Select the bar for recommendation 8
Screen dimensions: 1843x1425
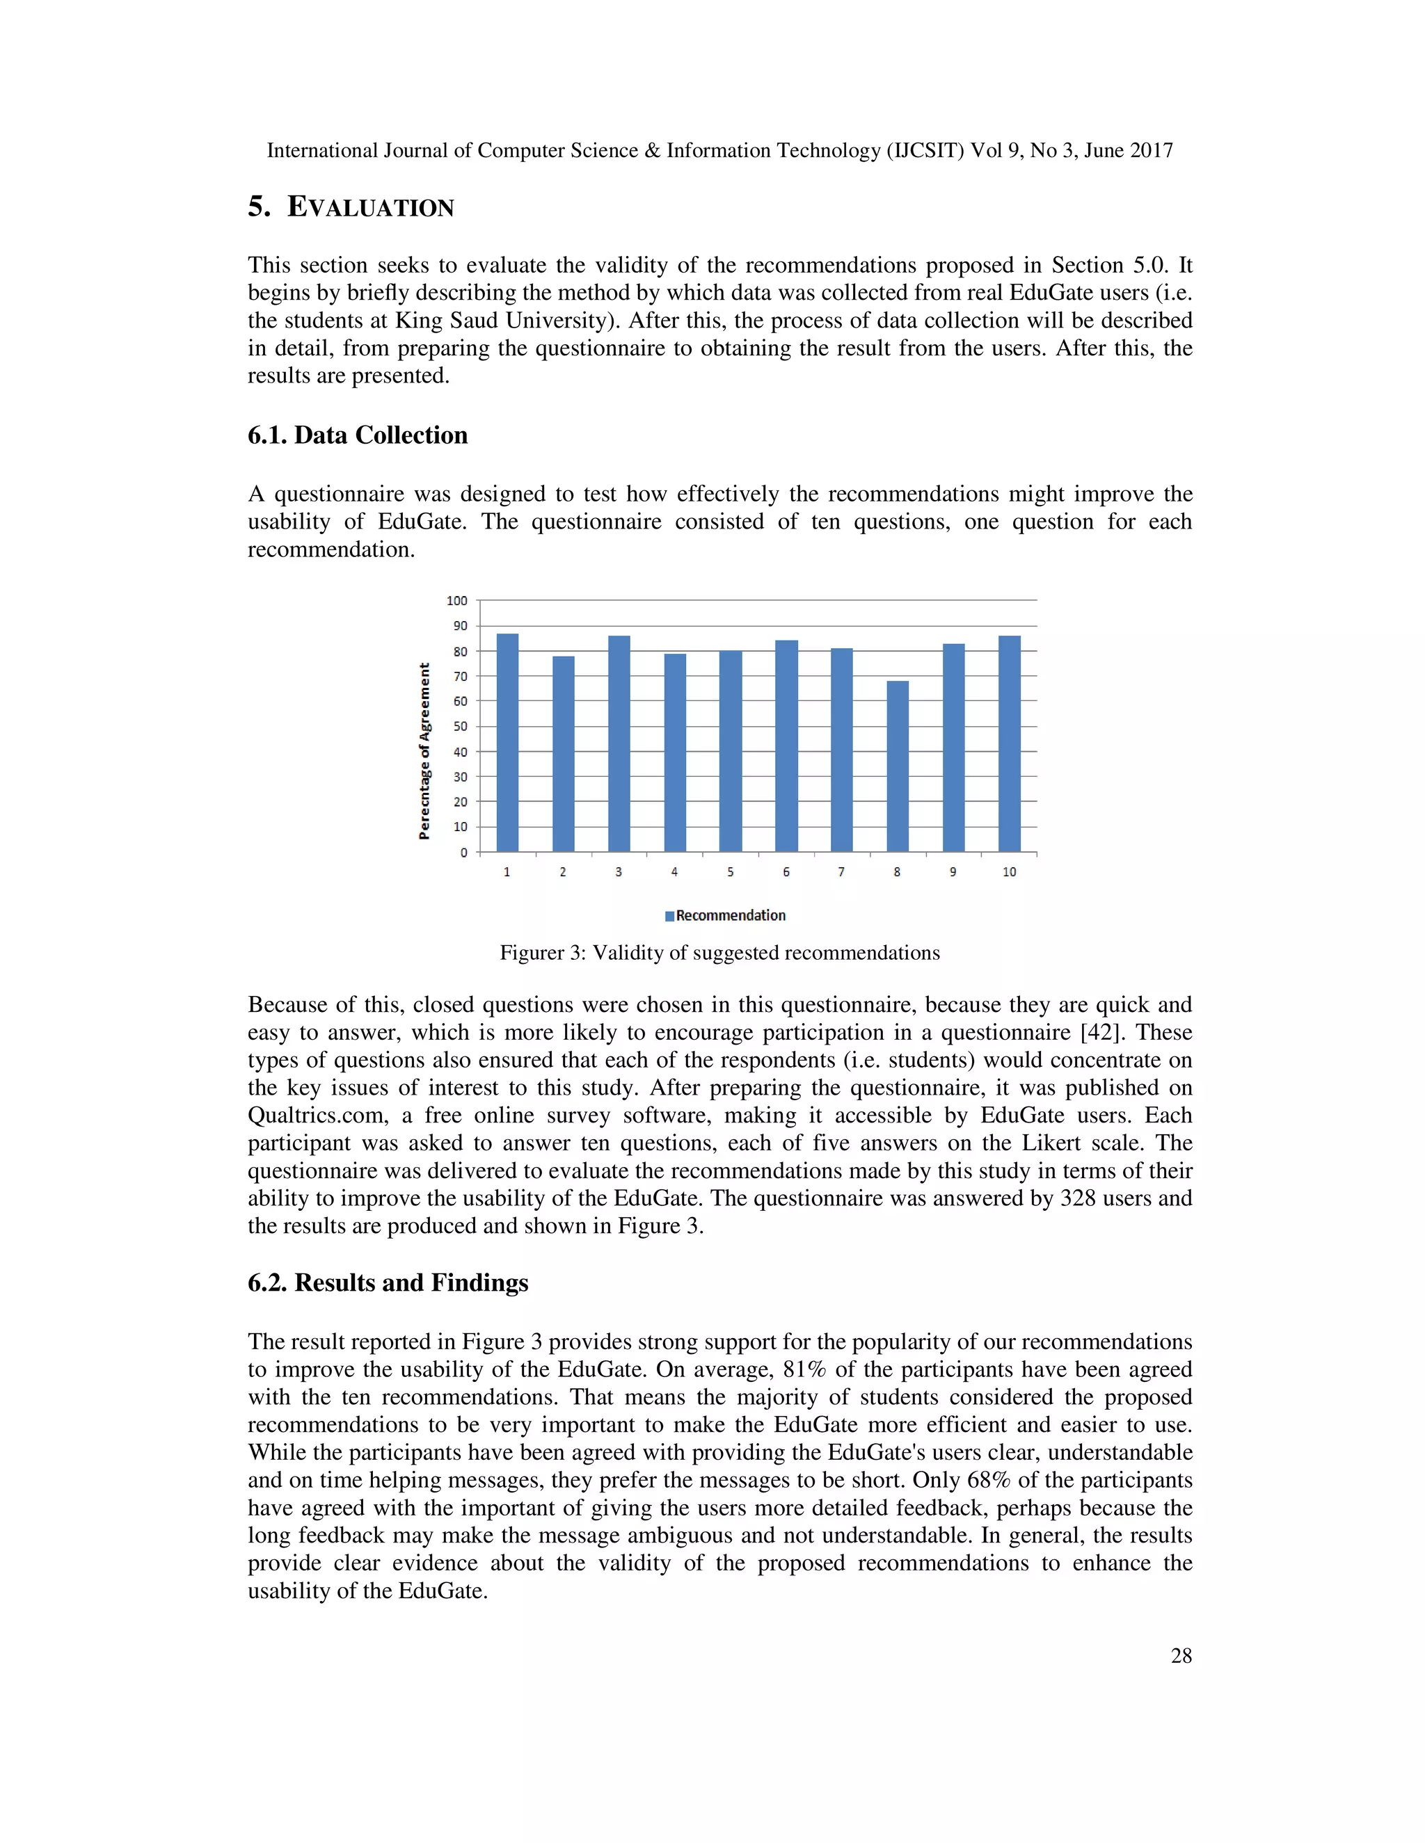[898, 766]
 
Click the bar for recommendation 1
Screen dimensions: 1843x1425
[507, 743]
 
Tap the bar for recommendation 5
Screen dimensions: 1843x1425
[730, 751]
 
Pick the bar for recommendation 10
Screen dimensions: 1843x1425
[1009, 743]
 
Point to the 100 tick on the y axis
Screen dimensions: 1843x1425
[456, 601]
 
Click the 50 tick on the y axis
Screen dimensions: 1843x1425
[460, 727]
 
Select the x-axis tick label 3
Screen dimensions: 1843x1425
[619, 871]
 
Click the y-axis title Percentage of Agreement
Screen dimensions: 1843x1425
[424, 751]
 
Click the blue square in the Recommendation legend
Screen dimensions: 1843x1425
[669, 917]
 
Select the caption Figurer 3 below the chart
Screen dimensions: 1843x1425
[719, 953]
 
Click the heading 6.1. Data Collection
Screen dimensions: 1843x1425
[357, 435]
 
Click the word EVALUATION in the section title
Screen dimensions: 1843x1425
[371, 207]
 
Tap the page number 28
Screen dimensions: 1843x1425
[1181, 1656]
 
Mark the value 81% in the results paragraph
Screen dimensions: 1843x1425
[804, 1369]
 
